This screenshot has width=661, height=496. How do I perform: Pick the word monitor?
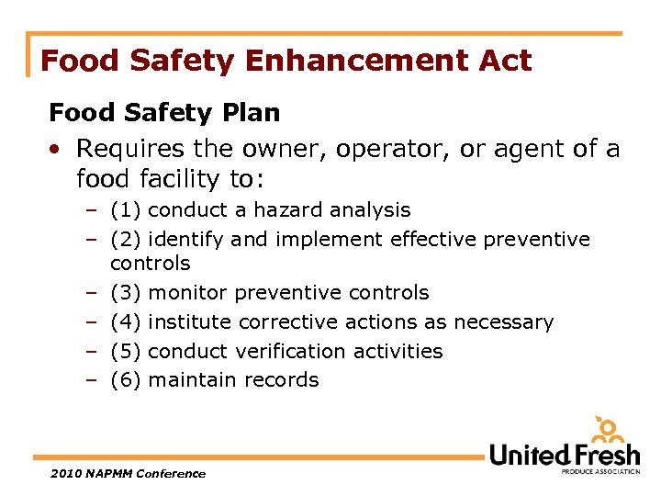tap(187, 293)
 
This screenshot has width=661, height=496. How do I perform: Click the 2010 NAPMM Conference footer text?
tap(128, 473)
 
